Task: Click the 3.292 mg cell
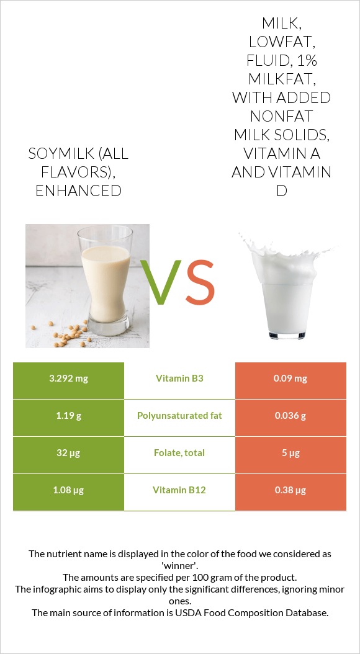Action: pyautogui.click(x=68, y=379)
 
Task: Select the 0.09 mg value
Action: pyautogui.click(x=290, y=379)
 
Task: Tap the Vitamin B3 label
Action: pyautogui.click(x=179, y=379)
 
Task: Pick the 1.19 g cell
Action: pyautogui.click(x=68, y=416)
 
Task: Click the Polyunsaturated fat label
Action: pyautogui.click(x=179, y=416)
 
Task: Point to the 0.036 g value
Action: pyautogui.click(x=290, y=416)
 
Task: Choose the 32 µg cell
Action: pyautogui.click(x=68, y=453)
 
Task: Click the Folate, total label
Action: pyautogui.click(x=179, y=453)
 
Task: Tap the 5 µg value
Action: pyautogui.click(x=290, y=453)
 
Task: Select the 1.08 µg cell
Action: pyautogui.click(x=68, y=490)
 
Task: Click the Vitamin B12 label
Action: pyautogui.click(x=179, y=490)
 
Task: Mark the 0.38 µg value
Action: pyautogui.click(x=290, y=490)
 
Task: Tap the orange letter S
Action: pyautogui.click(x=200, y=283)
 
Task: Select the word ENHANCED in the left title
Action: pyautogui.click(x=78, y=190)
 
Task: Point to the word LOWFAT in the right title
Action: pyautogui.click(x=281, y=42)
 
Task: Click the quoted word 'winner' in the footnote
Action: pyautogui.click(x=180, y=565)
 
